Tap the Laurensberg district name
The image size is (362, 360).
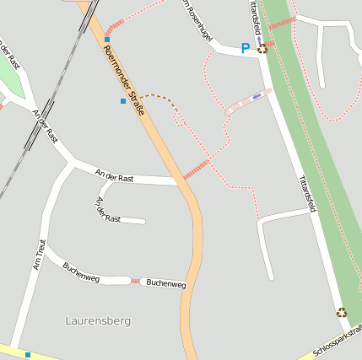pyautogui.click(x=98, y=321)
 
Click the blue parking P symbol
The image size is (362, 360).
pyautogui.click(x=246, y=49)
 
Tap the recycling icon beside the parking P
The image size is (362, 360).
pyautogui.click(x=262, y=48)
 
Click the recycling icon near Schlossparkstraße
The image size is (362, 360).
pyautogui.click(x=342, y=312)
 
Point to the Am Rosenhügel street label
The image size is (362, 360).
pyautogui.click(x=197, y=21)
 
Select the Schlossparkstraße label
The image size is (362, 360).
pyautogui.click(x=338, y=341)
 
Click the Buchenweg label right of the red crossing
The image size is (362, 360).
pyautogui.click(x=165, y=284)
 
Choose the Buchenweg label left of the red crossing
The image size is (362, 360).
pyautogui.click(x=81, y=271)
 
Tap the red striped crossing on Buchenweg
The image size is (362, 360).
pyautogui.click(x=135, y=281)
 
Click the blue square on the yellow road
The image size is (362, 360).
pyautogui.click(x=28, y=355)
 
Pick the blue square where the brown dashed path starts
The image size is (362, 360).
pyautogui.click(x=123, y=101)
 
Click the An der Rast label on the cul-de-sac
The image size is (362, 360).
pyautogui.click(x=108, y=210)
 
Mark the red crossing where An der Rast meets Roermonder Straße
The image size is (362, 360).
pyautogui.click(x=195, y=169)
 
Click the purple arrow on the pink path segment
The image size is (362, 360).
pyautogui.click(x=257, y=96)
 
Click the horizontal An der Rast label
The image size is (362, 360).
pyautogui.click(x=115, y=176)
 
